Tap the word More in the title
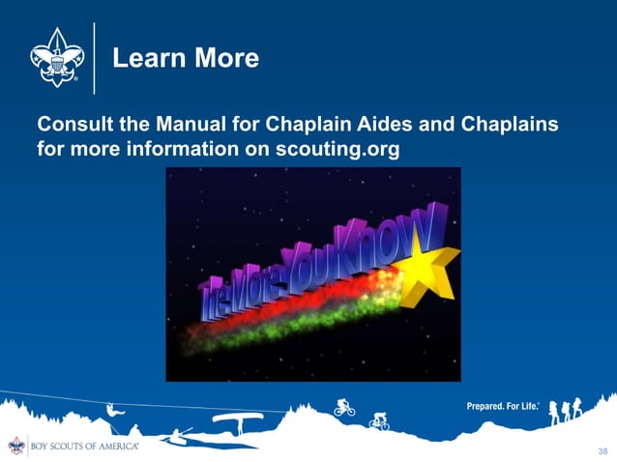[225, 59]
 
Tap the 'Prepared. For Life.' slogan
[503, 407]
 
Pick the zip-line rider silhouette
[114, 413]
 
